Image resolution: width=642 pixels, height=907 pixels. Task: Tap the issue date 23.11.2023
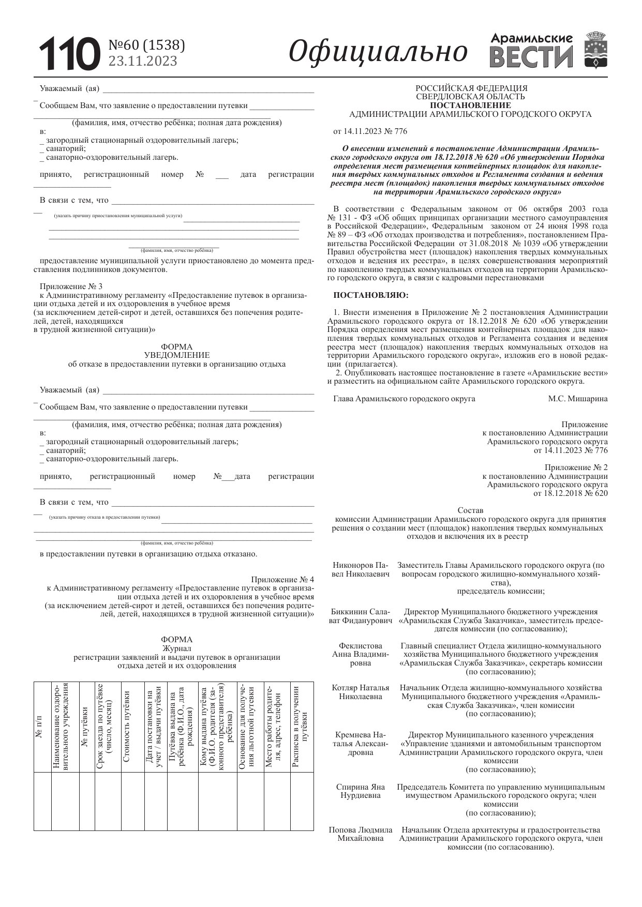pos(142,61)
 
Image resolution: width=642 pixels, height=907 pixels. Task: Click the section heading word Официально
pos(378,52)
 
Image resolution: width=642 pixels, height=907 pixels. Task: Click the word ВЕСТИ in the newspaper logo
pos(531,57)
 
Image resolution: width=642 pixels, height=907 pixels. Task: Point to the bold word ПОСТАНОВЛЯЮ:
pos(370,295)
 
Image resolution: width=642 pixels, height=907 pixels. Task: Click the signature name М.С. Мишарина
pos(578,399)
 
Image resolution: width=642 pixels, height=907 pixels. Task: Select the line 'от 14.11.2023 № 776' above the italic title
pos(370,131)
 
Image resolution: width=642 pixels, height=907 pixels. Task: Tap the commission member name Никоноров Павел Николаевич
pos(361,569)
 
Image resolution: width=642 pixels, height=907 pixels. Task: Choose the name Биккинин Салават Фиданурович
pos(361,616)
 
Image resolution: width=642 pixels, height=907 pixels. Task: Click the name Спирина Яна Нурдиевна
pos(361,791)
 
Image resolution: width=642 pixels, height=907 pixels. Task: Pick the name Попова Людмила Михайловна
pos(361,834)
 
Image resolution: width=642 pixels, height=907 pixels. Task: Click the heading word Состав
pos(470,510)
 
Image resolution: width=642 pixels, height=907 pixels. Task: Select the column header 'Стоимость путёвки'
pos(127,726)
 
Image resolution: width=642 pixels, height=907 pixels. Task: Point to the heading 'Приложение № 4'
pos(282,579)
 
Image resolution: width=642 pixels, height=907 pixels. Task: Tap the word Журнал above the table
pos(176,648)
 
